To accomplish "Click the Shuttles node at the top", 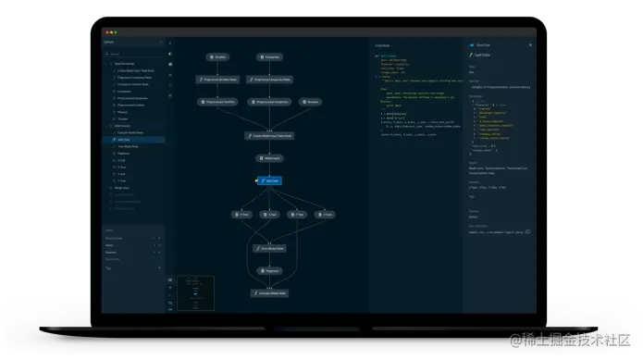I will [219, 56].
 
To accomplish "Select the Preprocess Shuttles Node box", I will [220, 80].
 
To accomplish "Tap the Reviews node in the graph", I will [312, 102].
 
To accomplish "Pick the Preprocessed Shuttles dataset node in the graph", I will [220, 102].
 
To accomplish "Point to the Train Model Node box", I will [269, 248].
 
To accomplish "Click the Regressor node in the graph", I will [269, 271].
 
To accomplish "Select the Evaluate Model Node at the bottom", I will [269, 293].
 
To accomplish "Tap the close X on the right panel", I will [530, 44].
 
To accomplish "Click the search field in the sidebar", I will [134, 55].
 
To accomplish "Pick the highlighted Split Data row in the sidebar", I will [133, 138].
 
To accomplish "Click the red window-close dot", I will [106, 32].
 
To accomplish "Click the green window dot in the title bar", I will [116, 32].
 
